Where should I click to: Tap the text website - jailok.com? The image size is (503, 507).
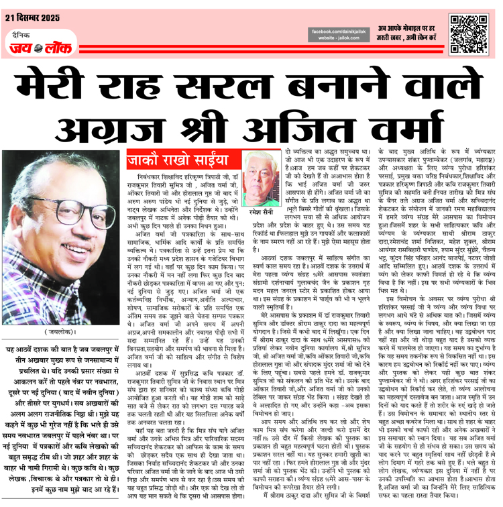340,40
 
